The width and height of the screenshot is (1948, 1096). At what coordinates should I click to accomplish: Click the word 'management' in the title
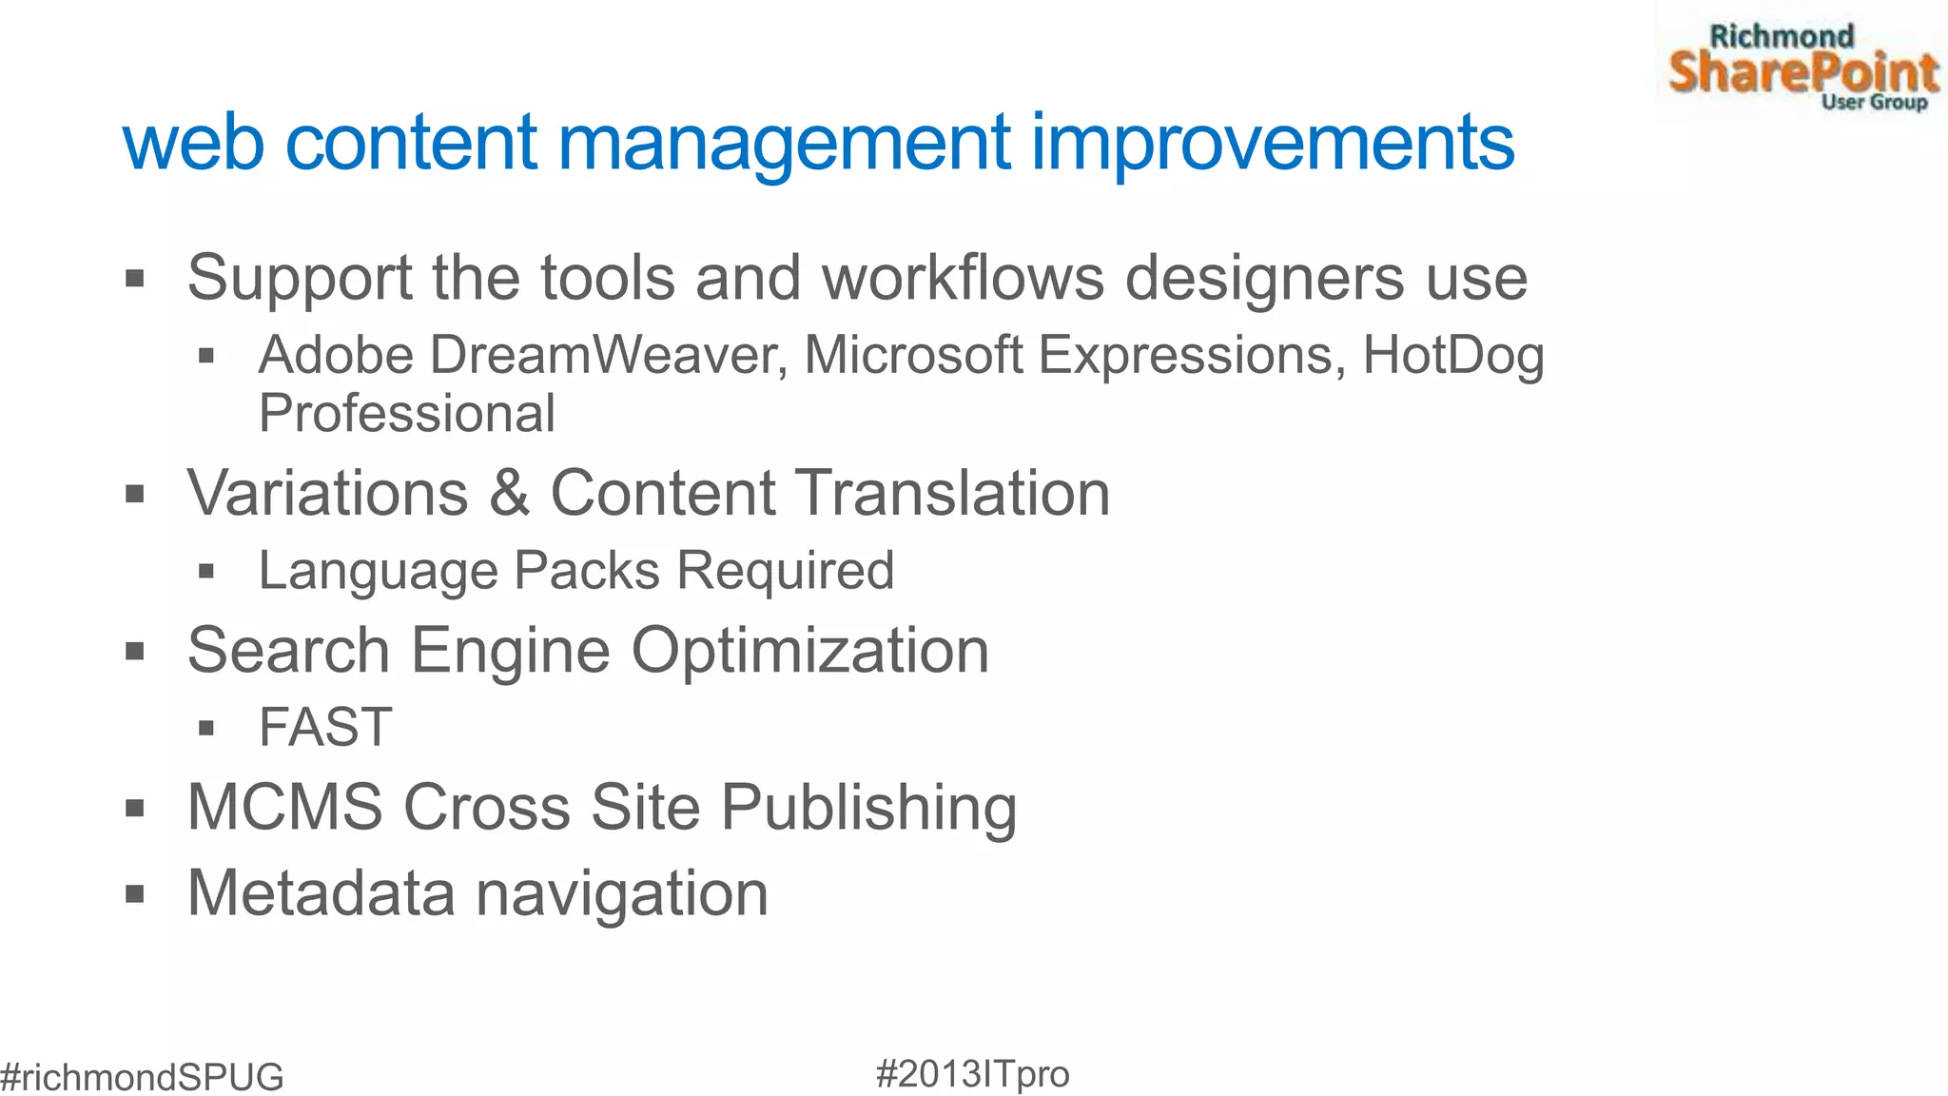pos(783,144)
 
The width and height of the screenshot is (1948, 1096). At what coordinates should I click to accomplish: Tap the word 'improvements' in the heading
pos(1273,144)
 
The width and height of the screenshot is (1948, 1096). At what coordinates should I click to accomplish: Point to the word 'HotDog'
pos(1453,355)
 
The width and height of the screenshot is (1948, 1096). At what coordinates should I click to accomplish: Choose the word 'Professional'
pos(407,413)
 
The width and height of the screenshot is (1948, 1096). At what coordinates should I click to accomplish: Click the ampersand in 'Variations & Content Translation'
pos(510,493)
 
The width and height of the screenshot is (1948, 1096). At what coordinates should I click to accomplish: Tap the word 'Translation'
pos(952,493)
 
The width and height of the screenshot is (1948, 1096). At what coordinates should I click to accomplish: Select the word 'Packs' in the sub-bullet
pos(587,571)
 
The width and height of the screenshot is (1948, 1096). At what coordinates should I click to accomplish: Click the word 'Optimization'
pos(810,651)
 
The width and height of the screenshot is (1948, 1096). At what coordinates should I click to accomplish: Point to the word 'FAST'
pos(325,728)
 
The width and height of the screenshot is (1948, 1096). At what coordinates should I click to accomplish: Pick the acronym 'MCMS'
pos(284,808)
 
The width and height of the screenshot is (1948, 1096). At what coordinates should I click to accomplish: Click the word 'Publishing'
pos(868,808)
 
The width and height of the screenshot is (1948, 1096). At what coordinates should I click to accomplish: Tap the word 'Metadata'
pos(321,893)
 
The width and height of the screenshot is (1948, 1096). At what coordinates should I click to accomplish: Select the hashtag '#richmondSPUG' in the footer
pos(142,1077)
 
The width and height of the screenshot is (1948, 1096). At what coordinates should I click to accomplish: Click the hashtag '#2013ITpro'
pos(972,1073)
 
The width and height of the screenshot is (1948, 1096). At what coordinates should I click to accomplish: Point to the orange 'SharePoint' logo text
pos(1803,71)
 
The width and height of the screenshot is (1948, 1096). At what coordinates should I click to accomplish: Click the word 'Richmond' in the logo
pos(1782,36)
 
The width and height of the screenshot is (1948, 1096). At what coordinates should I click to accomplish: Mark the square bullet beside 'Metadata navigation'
pos(135,894)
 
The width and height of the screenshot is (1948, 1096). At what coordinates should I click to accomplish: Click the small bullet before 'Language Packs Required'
pos(206,572)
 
